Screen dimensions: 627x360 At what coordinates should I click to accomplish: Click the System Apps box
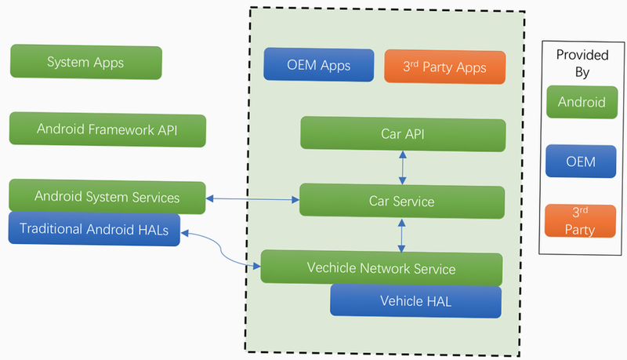86,62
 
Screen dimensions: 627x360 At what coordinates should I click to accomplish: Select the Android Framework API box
107,129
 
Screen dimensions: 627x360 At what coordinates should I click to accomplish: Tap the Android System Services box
107,196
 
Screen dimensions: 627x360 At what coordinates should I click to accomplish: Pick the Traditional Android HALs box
94,229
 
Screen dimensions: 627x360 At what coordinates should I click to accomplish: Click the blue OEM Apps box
319,65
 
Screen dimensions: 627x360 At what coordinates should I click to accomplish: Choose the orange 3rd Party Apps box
444,67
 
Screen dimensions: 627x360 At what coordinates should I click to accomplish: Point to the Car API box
403,134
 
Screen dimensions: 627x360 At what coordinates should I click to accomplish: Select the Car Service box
402,201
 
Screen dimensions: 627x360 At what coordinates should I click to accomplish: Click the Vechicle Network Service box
382,268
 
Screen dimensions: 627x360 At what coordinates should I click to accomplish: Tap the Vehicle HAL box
416,301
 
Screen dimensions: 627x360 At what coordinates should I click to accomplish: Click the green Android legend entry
582,102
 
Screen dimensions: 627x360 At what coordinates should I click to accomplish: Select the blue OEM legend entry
581,162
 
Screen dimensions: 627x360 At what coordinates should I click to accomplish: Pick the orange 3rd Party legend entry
580,221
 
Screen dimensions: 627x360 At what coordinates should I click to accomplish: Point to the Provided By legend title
582,64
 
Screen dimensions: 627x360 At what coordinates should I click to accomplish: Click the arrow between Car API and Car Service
403,168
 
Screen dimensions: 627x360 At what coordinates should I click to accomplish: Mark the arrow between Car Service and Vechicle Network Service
401,235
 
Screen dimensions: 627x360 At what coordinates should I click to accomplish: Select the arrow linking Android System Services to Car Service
252,198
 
